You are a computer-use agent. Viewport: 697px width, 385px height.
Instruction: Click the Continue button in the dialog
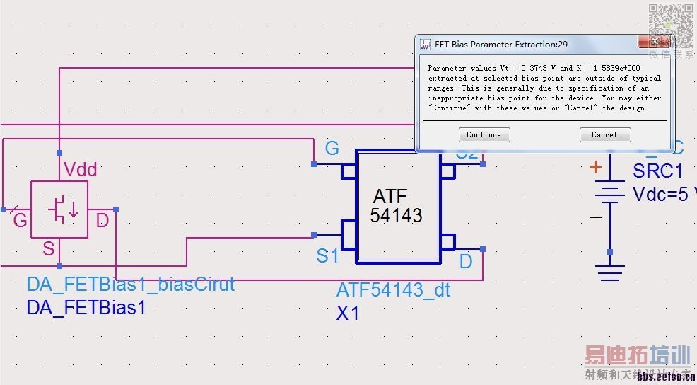(484, 134)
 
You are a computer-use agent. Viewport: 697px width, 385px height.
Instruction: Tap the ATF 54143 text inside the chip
(396, 206)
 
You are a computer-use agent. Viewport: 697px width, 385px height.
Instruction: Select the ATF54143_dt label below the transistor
(393, 290)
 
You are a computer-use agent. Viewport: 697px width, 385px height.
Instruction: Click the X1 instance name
(348, 312)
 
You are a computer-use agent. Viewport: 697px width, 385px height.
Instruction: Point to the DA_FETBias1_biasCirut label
(131, 285)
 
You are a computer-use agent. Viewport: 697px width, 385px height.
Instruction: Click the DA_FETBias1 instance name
(86, 308)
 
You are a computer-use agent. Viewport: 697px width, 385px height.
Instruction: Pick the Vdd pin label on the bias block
(81, 170)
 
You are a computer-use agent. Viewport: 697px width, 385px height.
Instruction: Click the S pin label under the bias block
(49, 248)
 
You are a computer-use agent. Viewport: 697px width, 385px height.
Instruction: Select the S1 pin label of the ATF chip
(327, 256)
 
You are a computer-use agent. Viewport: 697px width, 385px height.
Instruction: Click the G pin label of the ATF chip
(332, 149)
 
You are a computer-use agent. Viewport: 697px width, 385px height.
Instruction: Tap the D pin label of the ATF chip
(466, 262)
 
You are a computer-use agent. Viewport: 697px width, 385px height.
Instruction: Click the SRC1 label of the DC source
(657, 171)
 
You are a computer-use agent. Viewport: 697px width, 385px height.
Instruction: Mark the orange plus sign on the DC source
(596, 167)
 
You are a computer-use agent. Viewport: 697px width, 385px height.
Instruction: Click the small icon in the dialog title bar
(426, 44)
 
